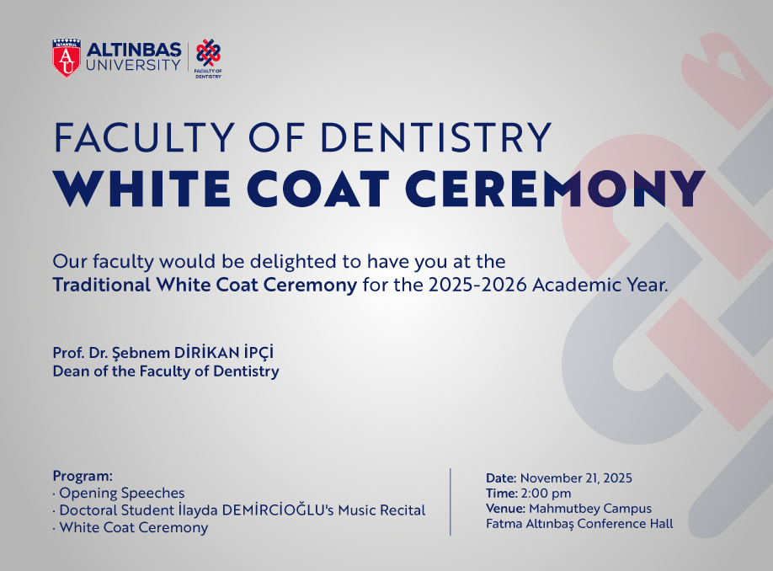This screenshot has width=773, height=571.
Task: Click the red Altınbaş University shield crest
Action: coord(67,57)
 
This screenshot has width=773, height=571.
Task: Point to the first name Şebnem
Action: coord(147,353)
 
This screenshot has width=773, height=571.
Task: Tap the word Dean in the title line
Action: coord(72,371)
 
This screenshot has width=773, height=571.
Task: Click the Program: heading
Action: coord(83,476)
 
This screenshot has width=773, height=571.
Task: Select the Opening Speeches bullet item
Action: coord(121,494)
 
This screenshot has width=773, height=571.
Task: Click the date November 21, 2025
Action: coord(576,478)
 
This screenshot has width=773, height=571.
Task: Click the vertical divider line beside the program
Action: coord(450,501)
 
